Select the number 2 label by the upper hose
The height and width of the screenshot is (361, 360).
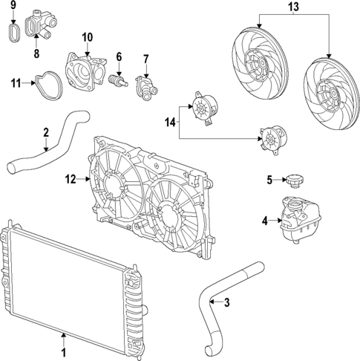46,133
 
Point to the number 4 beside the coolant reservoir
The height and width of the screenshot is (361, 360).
264,219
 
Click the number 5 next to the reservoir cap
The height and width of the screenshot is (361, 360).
270,179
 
